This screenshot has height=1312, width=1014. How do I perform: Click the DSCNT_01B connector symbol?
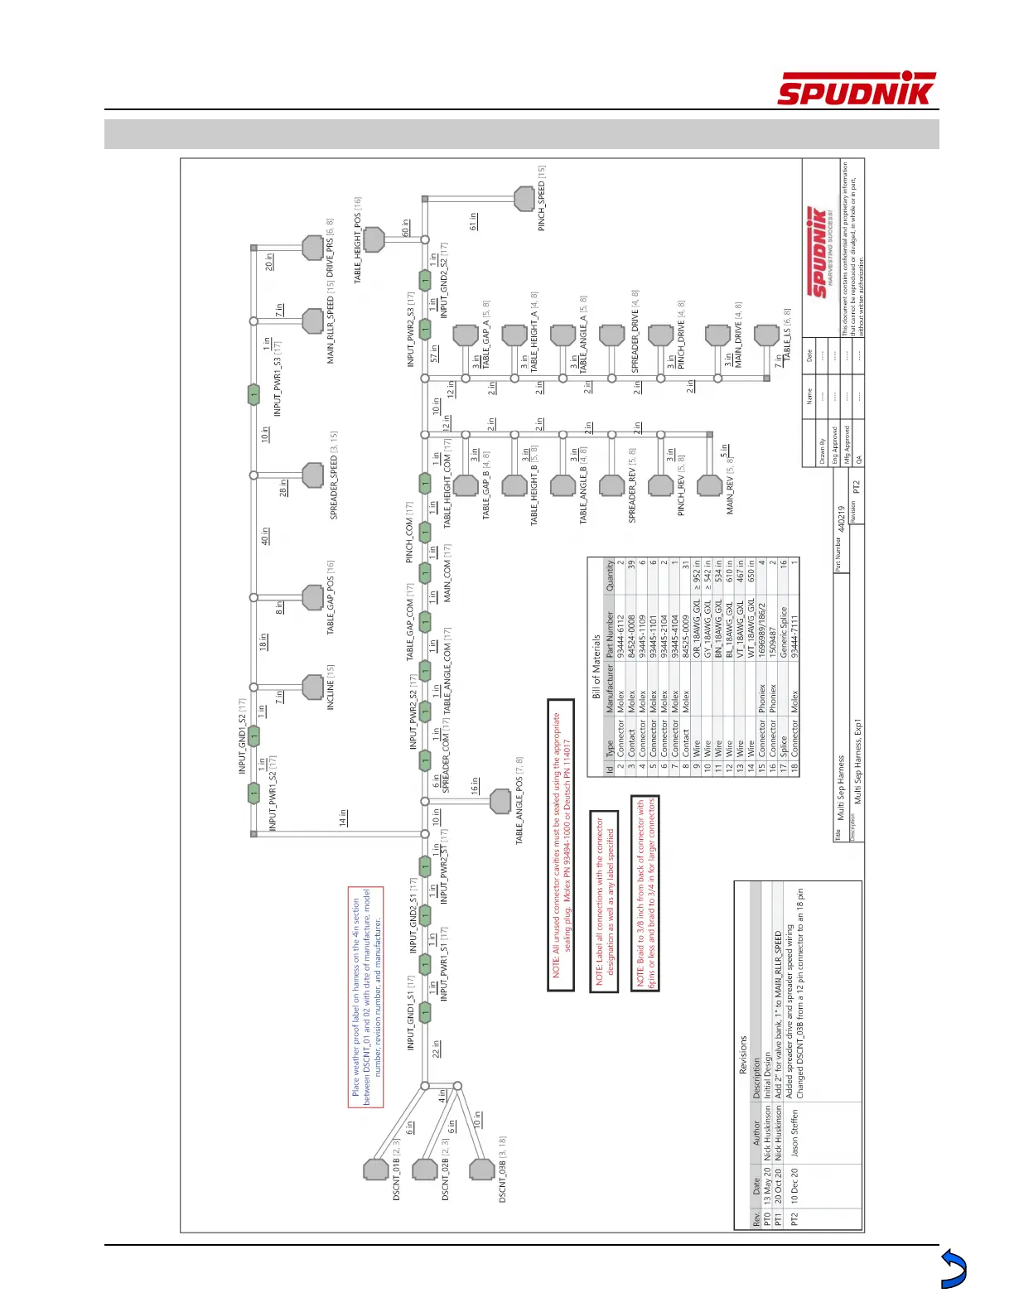(376, 1169)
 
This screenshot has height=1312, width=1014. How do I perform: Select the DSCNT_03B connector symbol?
(481, 1169)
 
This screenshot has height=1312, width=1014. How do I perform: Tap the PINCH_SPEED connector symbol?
(524, 199)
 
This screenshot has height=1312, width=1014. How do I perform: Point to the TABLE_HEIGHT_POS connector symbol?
(374, 239)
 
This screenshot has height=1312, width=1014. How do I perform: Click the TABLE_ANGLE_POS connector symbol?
(500, 801)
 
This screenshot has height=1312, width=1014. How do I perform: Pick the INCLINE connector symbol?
(313, 687)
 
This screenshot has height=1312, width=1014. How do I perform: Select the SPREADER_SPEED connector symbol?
(313, 475)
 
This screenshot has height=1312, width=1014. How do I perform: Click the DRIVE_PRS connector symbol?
(313, 248)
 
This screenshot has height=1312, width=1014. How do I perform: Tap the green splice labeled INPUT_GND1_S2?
(254, 735)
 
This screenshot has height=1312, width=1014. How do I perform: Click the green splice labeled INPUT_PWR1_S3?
(254, 394)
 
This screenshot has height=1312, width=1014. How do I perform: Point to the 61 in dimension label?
(473, 221)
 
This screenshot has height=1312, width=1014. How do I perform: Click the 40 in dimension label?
(265, 536)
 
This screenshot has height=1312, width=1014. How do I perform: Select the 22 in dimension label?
(436, 1049)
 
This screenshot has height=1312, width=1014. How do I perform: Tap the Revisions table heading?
(742, 1054)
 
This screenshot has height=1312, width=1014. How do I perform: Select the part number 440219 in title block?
(841, 519)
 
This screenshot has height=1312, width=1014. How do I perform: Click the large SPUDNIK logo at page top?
(857, 89)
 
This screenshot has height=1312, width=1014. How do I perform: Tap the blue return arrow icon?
(954, 1269)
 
